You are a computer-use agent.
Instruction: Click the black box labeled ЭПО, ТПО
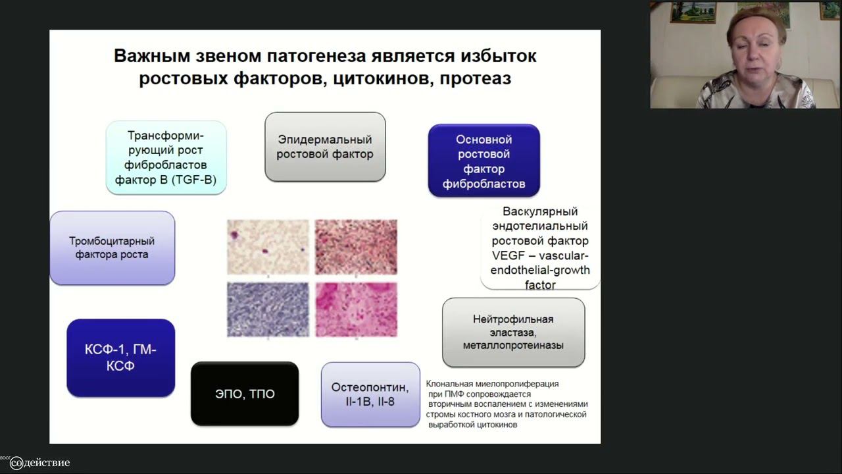coord(245,394)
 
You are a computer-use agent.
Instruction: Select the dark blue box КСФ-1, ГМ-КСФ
coord(120,357)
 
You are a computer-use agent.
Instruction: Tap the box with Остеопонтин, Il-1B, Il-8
coord(370,394)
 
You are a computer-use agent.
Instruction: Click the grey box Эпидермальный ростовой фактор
coord(325,147)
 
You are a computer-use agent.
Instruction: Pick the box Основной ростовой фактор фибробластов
coord(483,161)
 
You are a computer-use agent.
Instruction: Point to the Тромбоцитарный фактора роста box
coord(112,248)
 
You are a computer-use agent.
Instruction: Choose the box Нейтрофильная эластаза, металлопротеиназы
coord(513,332)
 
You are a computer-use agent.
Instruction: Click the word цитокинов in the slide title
coord(374,78)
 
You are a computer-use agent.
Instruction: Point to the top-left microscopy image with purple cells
coord(268,247)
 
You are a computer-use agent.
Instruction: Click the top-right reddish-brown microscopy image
coord(356,247)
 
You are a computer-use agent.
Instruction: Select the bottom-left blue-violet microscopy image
coord(268,309)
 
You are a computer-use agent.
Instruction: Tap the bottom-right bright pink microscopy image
coord(356,309)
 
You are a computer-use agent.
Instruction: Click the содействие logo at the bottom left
coord(39,463)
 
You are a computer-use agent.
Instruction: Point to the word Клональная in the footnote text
coord(451,384)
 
